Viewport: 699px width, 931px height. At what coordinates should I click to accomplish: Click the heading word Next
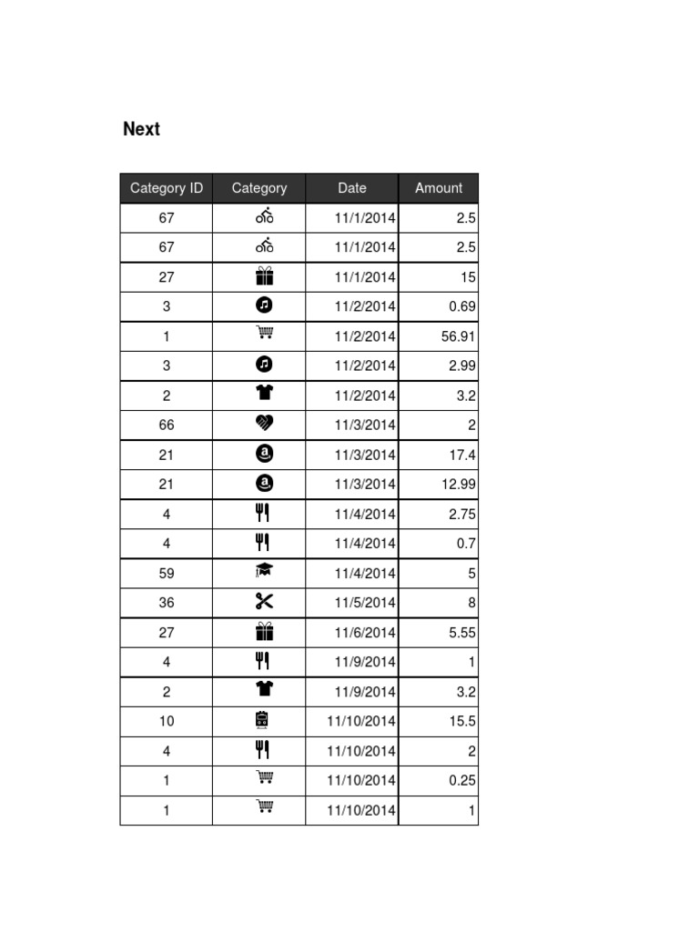coord(141,129)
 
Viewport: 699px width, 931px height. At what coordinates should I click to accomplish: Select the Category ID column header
coord(167,188)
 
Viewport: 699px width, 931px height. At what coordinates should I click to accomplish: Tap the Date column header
coord(351,188)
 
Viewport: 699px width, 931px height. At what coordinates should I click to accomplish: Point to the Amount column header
coord(439,188)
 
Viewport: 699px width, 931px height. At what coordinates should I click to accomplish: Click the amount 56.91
coord(458,336)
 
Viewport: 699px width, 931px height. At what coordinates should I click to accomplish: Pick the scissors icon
coord(264,601)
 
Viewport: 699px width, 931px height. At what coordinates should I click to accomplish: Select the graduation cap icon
coord(264,571)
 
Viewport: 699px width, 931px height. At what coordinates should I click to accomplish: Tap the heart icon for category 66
coord(264,423)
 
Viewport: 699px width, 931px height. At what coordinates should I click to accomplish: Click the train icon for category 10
coord(263,720)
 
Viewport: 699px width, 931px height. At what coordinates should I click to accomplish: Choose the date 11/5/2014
coord(365,602)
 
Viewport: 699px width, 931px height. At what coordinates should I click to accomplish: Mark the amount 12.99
coord(458,484)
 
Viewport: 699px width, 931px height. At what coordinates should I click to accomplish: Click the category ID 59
coord(167,573)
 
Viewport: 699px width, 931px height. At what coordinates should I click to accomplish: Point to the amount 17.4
coord(461,455)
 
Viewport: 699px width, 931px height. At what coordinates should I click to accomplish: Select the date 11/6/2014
coord(365,632)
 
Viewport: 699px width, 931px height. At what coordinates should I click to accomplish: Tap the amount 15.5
coord(461,721)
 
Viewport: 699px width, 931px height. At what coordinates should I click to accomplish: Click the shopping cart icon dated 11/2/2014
coord(265,334)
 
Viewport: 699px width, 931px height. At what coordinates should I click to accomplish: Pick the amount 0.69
coord(461,306)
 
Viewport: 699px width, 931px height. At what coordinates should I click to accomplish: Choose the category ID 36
coord(167,602)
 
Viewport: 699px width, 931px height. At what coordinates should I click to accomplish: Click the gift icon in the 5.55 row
coord(264,631)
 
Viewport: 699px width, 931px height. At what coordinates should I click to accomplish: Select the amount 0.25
coord(461,780)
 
